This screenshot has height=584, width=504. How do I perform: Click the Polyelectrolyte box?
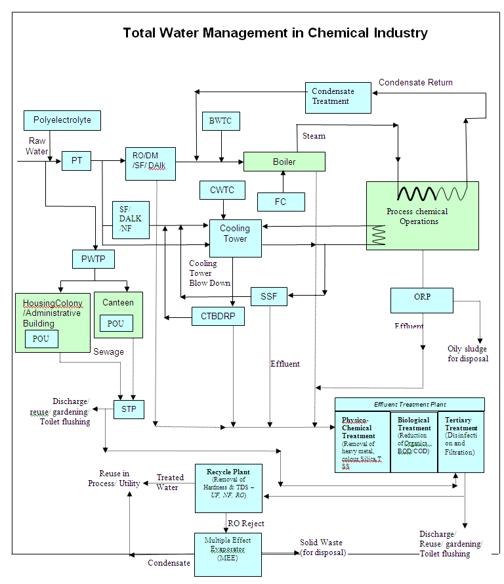[x=62, y=120]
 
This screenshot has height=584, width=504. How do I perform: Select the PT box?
[x=77, y=161]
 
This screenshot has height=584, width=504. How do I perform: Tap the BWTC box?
[x=220, y=121]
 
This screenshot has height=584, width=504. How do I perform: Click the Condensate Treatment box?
[x=338, y=97]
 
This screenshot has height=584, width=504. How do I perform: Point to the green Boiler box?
[x=284, y=162]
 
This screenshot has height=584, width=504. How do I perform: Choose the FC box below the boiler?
[x=281, y=202]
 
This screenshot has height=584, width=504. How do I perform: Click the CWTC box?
[x=222, y=191]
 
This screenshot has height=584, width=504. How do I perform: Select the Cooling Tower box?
[x=235, y=237]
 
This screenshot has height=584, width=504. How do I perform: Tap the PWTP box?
[x=93, y=259]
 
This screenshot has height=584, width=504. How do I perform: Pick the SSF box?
[x=269, y=297]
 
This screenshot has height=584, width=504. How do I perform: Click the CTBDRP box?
[x=218, y=317]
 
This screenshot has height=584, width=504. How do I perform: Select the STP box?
[x=129, y=409]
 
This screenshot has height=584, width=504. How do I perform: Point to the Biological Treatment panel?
[x=413, y=441]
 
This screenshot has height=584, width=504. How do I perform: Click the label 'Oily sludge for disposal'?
[x=468, y=353]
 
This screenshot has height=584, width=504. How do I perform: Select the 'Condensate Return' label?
[x=415, y=83]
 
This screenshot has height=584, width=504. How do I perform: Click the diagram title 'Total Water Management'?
[x=275, y=33]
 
